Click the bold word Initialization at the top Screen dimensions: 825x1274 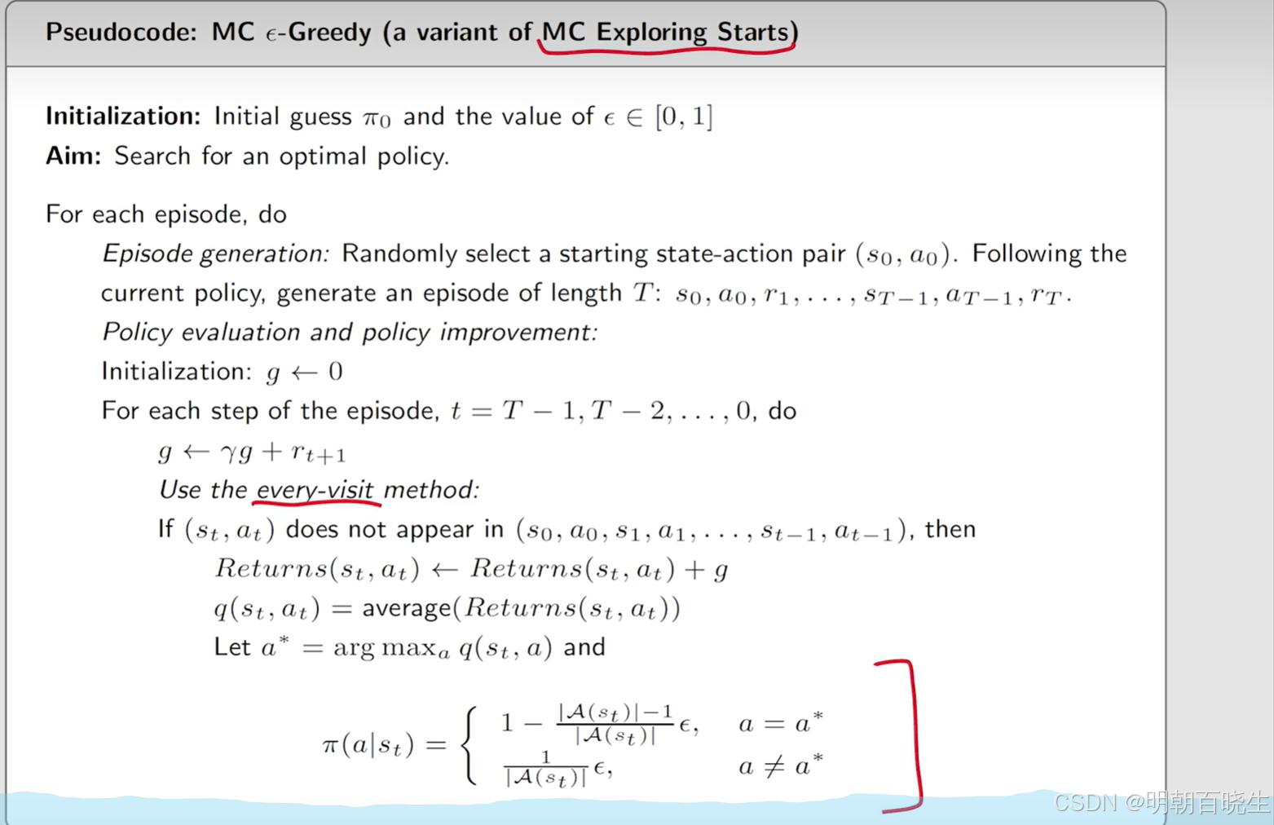pos(123,117)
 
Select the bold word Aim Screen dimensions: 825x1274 pos(73,156)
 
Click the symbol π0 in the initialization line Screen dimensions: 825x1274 pos(377,118)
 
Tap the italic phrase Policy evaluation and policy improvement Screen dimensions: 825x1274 pos(350,332)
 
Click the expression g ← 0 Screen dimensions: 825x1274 pos(305,373)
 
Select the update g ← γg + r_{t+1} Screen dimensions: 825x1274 pos(252,452)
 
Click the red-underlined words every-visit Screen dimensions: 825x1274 pos(315,490)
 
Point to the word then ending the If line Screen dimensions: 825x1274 pos(950,530)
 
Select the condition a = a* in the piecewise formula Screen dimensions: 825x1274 pos(781,723)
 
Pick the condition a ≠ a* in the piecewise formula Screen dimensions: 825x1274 pos(781,766)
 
